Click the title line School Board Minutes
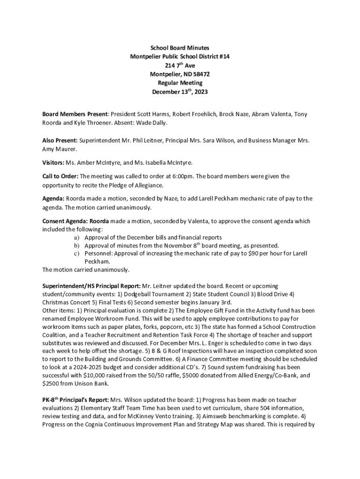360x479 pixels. [180, 48]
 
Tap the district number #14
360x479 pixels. [224, 57]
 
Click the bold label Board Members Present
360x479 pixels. [75, 114]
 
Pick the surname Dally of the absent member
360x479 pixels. [157, 123]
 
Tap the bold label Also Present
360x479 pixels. [60, 140]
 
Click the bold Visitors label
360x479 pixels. [53, 163]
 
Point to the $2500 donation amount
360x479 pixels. [50, 384]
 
